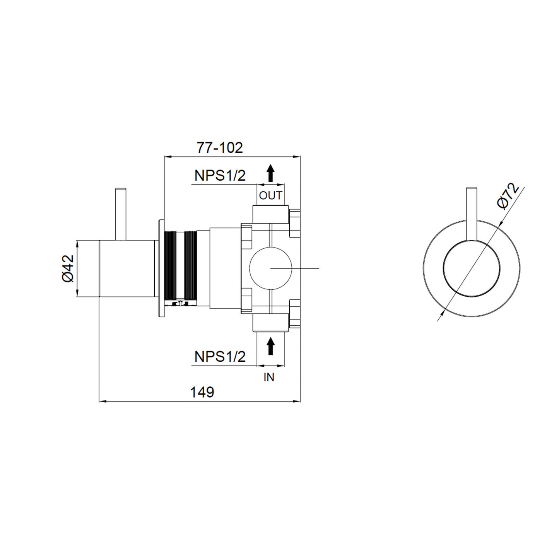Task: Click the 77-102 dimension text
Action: (220, 148)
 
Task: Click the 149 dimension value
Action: (202, 392)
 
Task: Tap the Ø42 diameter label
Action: (68, 268)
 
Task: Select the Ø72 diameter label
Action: (508, 197)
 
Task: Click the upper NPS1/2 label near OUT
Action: (220, 176)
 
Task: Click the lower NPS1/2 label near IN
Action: (220, 357)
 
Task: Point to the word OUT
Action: (270, 196)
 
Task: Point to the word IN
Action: (269, 377)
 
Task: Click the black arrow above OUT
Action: (270, 173)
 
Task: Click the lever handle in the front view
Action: (472, 217)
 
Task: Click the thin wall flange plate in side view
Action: (161, 268)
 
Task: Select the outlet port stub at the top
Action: (270, 214)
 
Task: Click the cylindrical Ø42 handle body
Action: (127, 268)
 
